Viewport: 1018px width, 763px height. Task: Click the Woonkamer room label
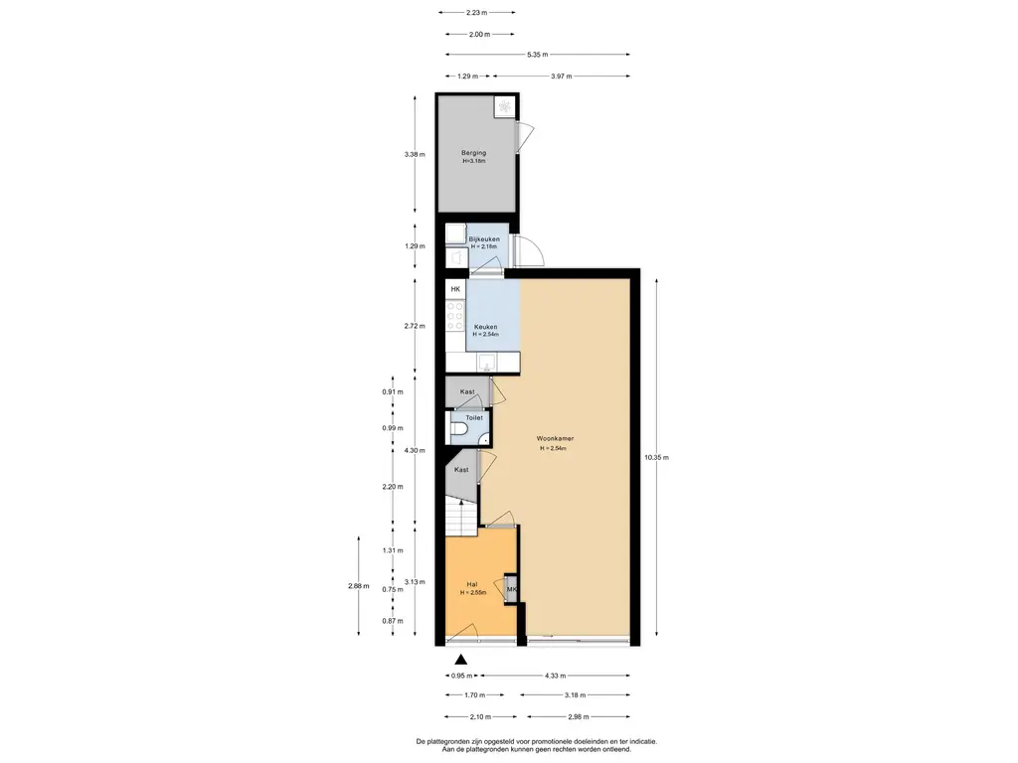(x=555, y=438)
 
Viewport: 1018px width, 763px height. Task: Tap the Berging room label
(x=474, y=153)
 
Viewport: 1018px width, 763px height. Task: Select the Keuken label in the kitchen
(x=485, y=327)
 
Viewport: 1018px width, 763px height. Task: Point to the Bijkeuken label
(x=484, y=239)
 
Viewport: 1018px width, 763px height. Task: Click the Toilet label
(x=474, y=418)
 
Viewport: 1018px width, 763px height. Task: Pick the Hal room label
(x=472, y=584)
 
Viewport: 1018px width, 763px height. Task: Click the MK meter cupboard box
(x=512, y=590)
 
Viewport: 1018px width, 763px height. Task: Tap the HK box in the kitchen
(x=455, y=289)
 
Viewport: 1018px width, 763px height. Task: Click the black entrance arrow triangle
(x=461, y=661)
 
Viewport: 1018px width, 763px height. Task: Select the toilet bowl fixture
(x=457, y=429)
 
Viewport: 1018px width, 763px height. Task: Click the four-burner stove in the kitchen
(x=455, y=316)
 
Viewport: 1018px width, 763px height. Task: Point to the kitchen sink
(x=486, y=362)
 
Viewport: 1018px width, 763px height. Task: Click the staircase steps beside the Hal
(x=461, y=517)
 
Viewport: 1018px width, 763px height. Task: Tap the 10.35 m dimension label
(x=656, y=457)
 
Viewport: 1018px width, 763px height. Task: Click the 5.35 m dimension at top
(x=537, y=55)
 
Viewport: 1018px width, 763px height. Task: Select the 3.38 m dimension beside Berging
(x=415, y=154)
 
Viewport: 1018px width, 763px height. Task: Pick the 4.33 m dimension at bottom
(x=555, y=676)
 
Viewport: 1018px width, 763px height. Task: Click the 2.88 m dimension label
(x=358, y=586)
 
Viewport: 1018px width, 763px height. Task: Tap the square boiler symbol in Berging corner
(x=504, y=106)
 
